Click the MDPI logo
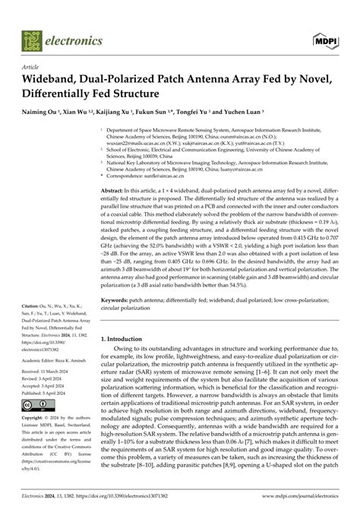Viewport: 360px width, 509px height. (x=324, y=37)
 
